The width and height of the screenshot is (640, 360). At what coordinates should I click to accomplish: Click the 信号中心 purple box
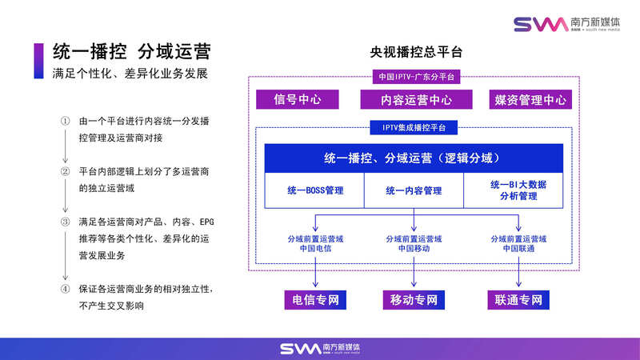tap(297, 100)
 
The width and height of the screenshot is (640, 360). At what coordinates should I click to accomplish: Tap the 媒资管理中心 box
tap(530, 100)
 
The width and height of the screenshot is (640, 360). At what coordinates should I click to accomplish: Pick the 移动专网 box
tap(414, 301)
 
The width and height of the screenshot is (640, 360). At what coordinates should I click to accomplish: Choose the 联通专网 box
tap(515, 301)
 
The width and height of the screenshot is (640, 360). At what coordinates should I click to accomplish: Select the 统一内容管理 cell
tap(414, 191)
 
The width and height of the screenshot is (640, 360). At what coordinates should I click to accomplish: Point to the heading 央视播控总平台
tap(415, 54)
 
